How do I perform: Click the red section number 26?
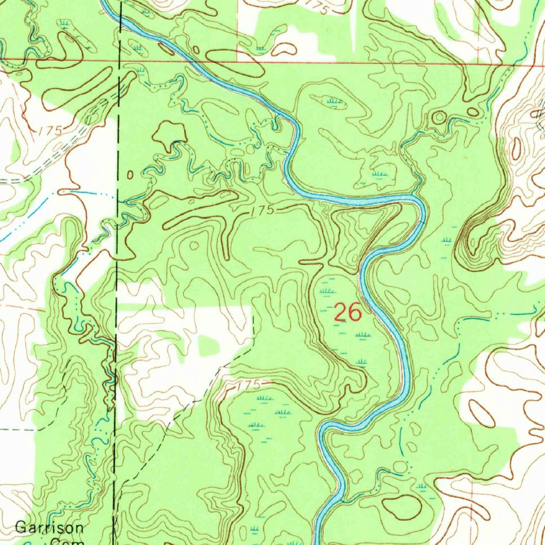[x=348, y=312]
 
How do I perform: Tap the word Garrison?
[x=49, y=528]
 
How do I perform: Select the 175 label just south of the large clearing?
[x=249, y=384]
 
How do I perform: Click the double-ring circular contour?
[x=440, y=117]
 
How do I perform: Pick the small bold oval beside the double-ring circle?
[x=473, y=112]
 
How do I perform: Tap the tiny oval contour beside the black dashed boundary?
[x=130, y=175]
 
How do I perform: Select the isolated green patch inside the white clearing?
[x=209, y=346]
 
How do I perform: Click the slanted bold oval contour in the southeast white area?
[x=481, y=414]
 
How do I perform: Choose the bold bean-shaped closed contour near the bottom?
[x=402, y=507]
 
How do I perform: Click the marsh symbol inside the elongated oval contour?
[x=334, y=101]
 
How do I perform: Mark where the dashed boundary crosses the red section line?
[x=120, y=60]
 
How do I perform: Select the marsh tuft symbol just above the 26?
[x=328, y=291]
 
